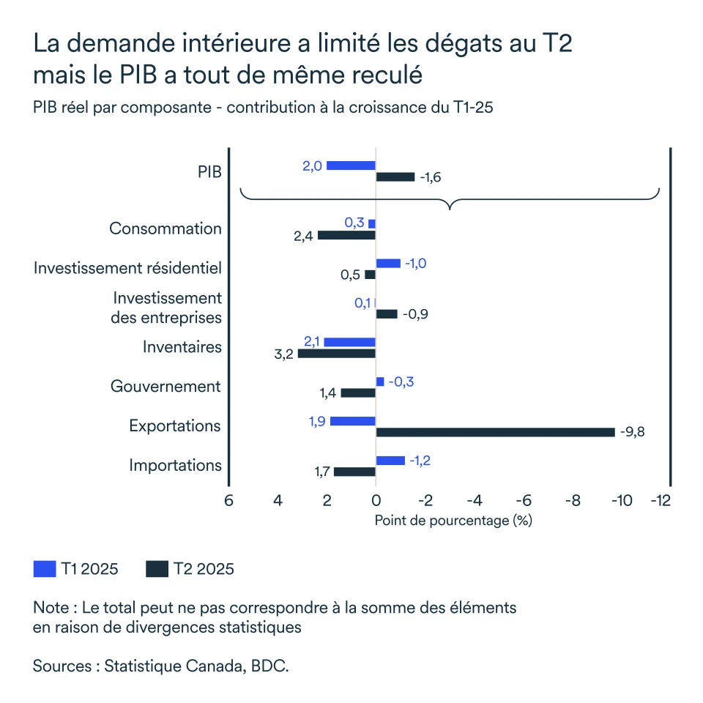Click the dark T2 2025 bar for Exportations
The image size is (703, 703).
pyautogui.click(x=495, y=432)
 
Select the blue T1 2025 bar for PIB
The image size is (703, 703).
pyautogui.click(x=351, y=165)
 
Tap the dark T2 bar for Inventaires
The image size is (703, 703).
pyautogui.click(x=336, y=354)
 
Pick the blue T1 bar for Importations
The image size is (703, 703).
pyautogui.click(x=390, y=460)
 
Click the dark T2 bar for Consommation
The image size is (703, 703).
pyautogui.click(x=346, y=235)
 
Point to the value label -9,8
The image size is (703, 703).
pyautogui.click(x=632, y=432)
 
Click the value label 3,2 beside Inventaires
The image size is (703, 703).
pyautogui.click(x=284, y=354)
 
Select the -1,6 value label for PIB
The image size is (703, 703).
pyautogui.click(x=431, y=177)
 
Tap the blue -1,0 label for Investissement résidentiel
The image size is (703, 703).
pyautogui.click(x=415, y=263)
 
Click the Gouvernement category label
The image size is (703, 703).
pyautogui.click(x=165, y=386)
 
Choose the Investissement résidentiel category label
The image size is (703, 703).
pyautogui.click(x=127, y=268)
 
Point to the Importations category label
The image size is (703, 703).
pyautogui.click(x=175, y=465)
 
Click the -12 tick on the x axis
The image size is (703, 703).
pyautogui.click(x=662, y=501)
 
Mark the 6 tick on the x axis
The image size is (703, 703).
pyautogui.click(x=228, y=501)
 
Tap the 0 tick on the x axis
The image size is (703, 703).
pyautogui.click(x=376, y=501)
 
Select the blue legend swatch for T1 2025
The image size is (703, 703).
pyautogui.click(x=45, y=569)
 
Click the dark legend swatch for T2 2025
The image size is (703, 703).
pyautogui.click(x=157, y=569)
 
